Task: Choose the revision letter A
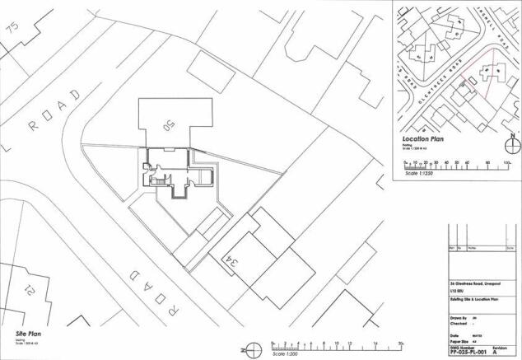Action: click(x=494, y=351)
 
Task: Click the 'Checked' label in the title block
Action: click(x=455, y=322)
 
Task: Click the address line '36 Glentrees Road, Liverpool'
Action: click(x=476, y=282)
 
